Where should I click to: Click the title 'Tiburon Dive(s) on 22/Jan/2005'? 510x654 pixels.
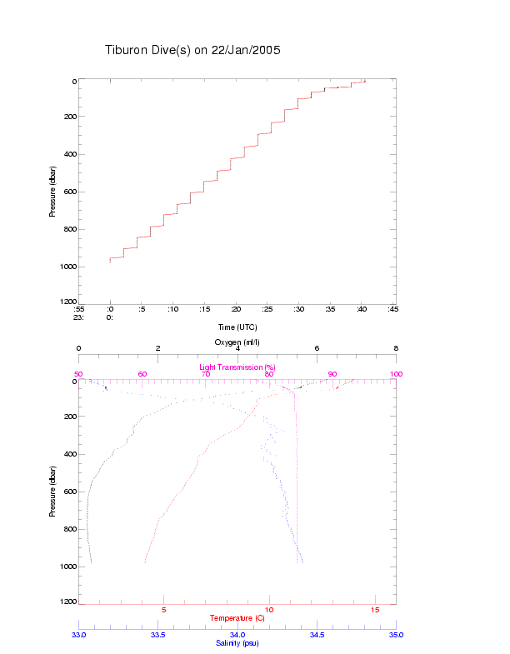pos(192,50)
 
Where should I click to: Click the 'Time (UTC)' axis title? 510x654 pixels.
pos(237,327)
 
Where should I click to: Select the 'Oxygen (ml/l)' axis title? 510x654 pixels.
pos(237,342)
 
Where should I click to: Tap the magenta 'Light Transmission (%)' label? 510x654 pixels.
pos(237,367)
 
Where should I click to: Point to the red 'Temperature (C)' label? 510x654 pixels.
pos(237,618)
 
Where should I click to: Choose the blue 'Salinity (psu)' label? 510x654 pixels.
pos(237,643)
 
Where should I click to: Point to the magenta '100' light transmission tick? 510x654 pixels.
pos(396,374)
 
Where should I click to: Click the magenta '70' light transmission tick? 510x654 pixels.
pos(206,374)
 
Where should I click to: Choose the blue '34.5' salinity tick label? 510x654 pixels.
pos(317,635)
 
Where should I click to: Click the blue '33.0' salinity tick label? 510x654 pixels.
pos(79,635)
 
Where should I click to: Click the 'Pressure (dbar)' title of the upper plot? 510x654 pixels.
pos(52,191)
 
